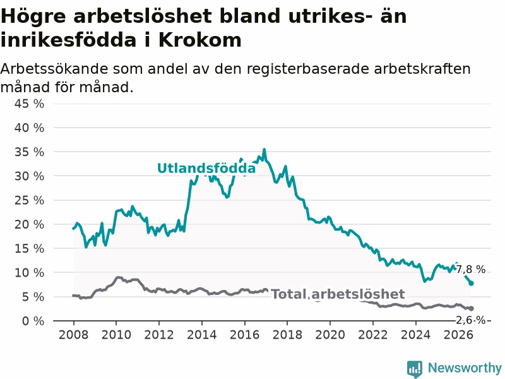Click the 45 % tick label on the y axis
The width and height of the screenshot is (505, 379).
click(x=29, y=104)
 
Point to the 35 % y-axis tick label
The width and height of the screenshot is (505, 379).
click(x=29, y=152)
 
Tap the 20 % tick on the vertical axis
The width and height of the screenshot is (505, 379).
click(x=29, y=224)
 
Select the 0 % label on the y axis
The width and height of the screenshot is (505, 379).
click(x=33, y=321)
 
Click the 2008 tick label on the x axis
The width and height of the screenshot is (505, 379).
click(x=73, y=335)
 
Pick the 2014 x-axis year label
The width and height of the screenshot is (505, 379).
click(x=201, y=335)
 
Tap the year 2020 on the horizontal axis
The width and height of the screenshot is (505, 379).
click(x=330, y=335)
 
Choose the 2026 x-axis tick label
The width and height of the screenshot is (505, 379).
click(x=458, y=335)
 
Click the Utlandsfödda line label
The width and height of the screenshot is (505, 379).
click(x=206, y=168)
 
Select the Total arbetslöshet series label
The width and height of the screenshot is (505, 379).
click(x=338, y=294)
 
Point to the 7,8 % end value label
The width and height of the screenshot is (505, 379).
click(x=471, y=269)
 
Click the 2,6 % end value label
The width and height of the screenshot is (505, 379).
click(x=471, y=320)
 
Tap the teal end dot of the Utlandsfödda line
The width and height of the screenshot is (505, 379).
click(x=471, y=283)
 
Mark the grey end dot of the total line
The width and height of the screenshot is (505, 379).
click(x=471, y=309)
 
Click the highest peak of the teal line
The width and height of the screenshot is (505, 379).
click(x=264, y=150)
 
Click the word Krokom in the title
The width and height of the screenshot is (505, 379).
click(x=199, y=40)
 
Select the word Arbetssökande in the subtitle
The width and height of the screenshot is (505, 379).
click(x=54, y=69)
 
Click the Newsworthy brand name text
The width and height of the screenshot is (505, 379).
click(x=465, y=368)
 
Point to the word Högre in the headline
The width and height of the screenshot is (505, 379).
click(x=33, y=17)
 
